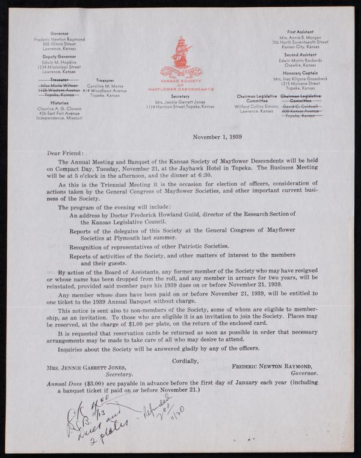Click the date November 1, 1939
click(217, 137)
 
